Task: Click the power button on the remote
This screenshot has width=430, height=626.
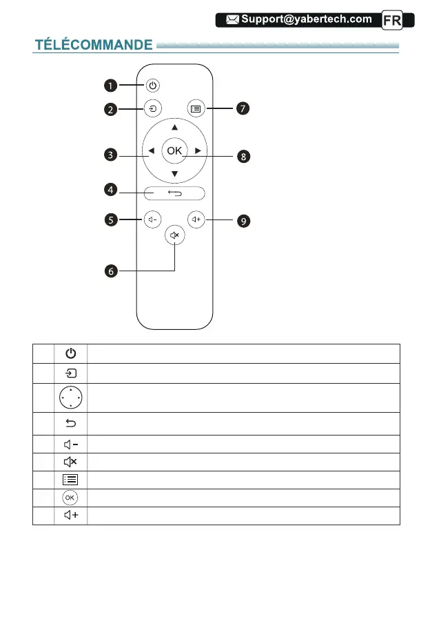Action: (x=153, y=86)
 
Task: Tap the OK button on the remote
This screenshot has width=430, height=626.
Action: (x=175, y=150)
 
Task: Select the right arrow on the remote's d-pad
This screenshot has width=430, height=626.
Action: (x=197, y=150)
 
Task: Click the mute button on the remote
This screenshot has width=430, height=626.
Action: (x=175, y=236)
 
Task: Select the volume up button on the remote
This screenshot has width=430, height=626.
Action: (x=198, y=220)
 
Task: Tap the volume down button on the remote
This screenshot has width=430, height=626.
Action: (x=152, y=220)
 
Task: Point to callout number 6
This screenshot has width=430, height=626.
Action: (x=111, y=272)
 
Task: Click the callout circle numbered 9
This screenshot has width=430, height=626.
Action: (x=243, y=221)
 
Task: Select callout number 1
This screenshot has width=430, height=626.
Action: (x=111, y=86)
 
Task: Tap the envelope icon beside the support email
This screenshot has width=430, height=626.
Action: (x=228, y=19)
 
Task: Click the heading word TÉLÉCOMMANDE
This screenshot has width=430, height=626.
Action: (x=94, y=46)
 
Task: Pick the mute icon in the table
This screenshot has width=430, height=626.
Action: (x=71, y=462)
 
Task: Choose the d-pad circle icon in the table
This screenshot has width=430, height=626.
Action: (x=71, y=398)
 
